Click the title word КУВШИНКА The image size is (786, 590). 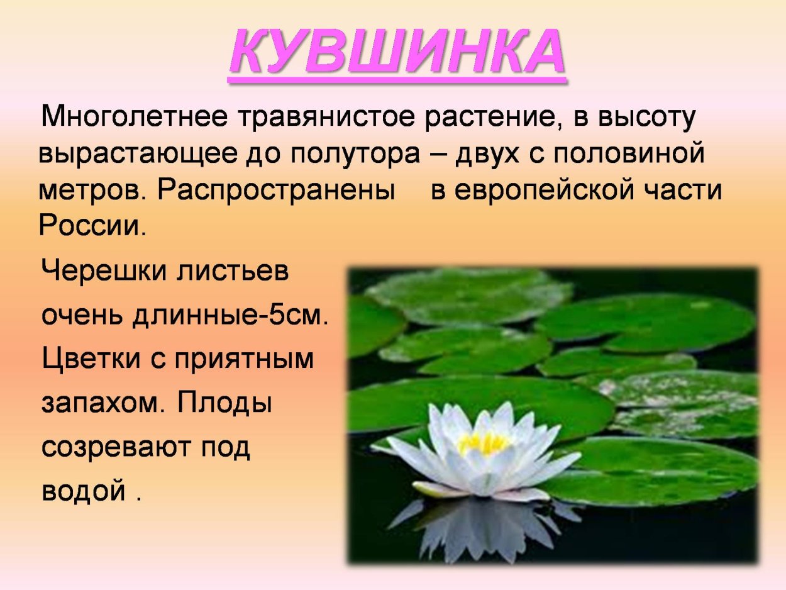[397, 52]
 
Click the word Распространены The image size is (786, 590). [272, 190]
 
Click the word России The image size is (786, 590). [92, 226]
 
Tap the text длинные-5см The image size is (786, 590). [230, 315]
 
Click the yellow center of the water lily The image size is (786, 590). [483, 443]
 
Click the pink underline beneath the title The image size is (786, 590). [397, 80]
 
